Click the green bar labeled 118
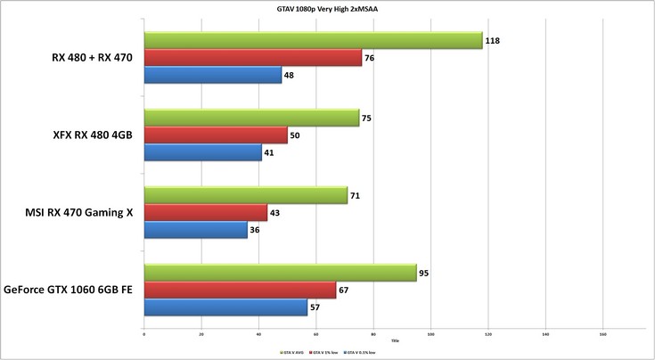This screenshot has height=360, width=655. (x=312, y=41)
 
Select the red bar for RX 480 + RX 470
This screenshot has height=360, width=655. (x=252, y=58)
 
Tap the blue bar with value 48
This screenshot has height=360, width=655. (x=212, y=76)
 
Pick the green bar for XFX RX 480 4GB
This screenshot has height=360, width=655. (x=250, y=118)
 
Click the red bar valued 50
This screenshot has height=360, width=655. (x=215, y=135)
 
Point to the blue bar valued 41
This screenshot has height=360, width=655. (x=202, y=152)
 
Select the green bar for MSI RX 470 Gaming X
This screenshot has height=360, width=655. (x=245, y=195)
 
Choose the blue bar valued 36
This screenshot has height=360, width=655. (x=195, y=230)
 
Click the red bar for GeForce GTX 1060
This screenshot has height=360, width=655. (x=239, y=290)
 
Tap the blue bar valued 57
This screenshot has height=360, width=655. (x=225, y=307)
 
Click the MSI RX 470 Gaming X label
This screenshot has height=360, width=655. (x=79, y=213)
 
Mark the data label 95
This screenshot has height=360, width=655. (x=424, y=273)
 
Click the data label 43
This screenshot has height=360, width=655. (x=275, y=213)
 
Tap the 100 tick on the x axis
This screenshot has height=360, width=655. (x=430, y=335)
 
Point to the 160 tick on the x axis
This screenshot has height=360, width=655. (x=602, y=335)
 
